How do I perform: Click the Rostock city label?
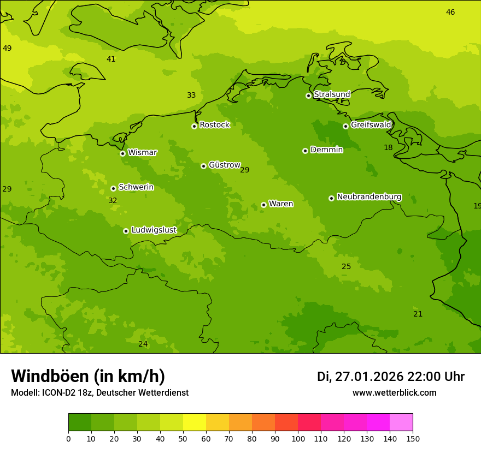click(x=214, y=125)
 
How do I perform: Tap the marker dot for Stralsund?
click(x=308, y=96)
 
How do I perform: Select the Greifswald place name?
click(x=371, y=125)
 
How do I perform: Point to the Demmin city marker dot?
click(x=305, y=151)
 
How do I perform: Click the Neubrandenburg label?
click(x=369, y=197)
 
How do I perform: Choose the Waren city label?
click(x=281, y=204)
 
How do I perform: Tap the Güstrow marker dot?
click(x=203, y=166)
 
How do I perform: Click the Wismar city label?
click(x=142, y=153)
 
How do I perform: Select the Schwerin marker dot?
click(x=113, y=188)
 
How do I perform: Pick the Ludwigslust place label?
click(x=154, y=230)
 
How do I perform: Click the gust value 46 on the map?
click(x=450, y=13)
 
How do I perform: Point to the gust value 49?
click(x=7, y=49)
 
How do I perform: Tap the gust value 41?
click(x=111, y=59)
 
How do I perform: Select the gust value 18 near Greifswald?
click(x=388, y=148)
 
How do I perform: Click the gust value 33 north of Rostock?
click(x=191, y=96)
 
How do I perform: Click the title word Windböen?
click(x=50, y=377)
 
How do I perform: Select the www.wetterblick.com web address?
click(x=394, y=393)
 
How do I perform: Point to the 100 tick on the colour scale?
click(x=298, y=438)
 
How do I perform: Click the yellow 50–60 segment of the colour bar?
click(x=195, y=422)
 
